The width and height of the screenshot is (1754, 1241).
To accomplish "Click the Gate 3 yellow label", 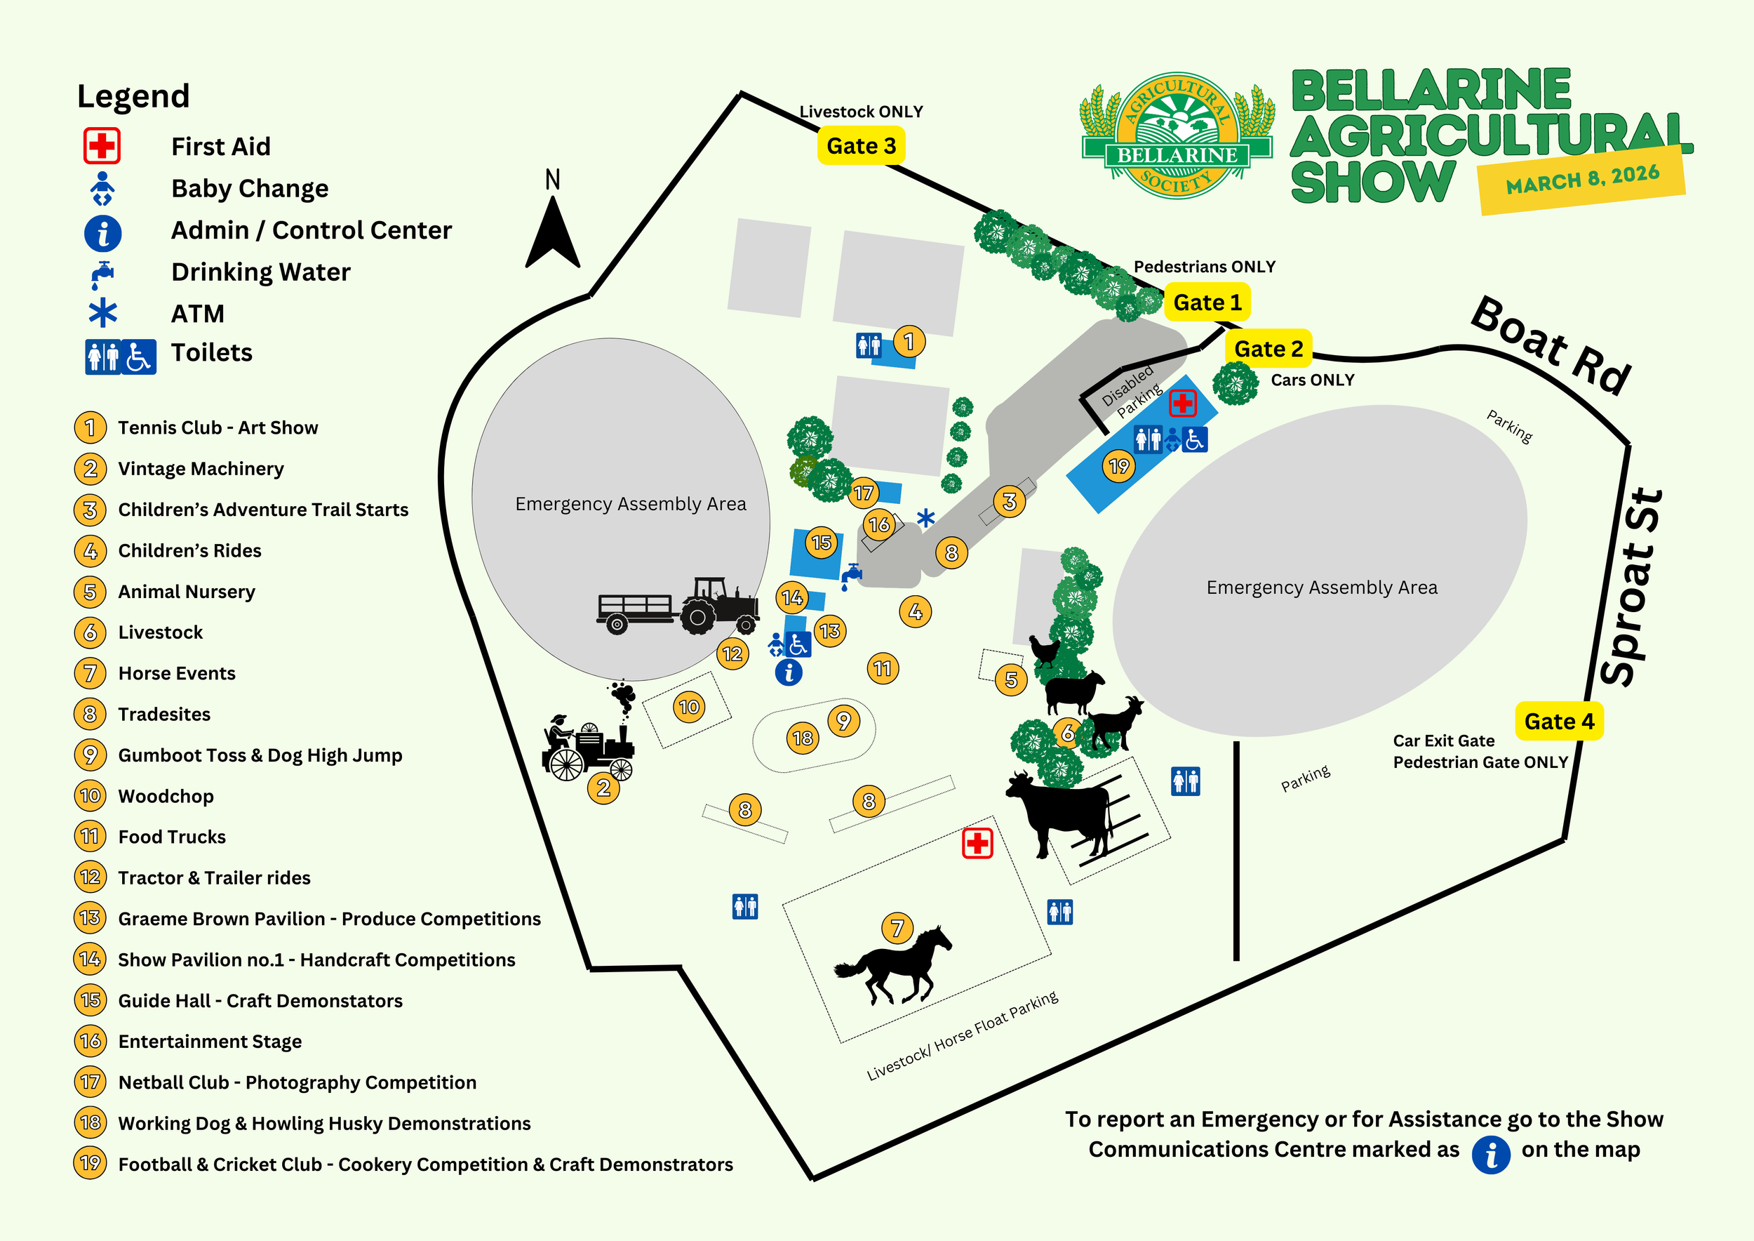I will [x=861, y=146].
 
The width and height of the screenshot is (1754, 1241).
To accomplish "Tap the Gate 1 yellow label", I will [x=1207, y=303].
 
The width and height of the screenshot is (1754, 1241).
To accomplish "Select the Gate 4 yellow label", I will [x=1558, y=722].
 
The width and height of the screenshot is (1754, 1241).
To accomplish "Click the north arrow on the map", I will [x=552, y=233].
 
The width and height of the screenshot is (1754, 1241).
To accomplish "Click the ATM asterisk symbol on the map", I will [x=925, y=519].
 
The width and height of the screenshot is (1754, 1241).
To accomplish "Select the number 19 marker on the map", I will [x=1119, y=465].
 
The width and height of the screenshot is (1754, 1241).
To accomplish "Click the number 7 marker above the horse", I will [x=897, y=929].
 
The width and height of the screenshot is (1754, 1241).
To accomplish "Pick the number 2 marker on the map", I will [x=603, y=787].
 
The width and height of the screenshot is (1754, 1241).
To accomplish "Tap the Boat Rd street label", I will [x=1551, y=345].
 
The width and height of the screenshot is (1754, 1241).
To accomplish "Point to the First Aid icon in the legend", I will [x=102, y=146].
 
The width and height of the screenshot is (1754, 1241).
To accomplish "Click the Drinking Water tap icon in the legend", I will [x=102, y=273].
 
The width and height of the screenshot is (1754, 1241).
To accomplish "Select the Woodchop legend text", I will [x=166, y=796].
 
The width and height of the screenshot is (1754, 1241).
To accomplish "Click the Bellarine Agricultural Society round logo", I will [x=1177, y=137].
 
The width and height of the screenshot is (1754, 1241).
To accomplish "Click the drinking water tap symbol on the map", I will [x=850, y=576].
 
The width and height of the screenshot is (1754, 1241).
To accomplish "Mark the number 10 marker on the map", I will [x=689, y=707].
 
